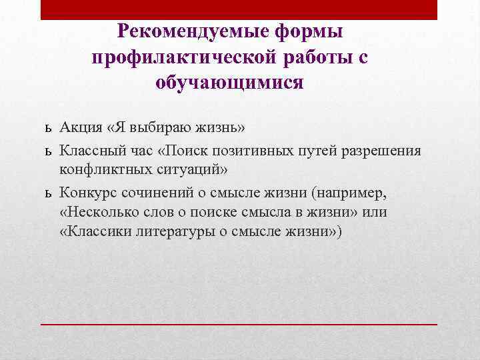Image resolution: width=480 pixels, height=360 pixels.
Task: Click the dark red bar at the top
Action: tap(239, 9)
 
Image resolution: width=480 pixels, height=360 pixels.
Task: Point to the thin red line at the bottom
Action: tap(239, 323)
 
